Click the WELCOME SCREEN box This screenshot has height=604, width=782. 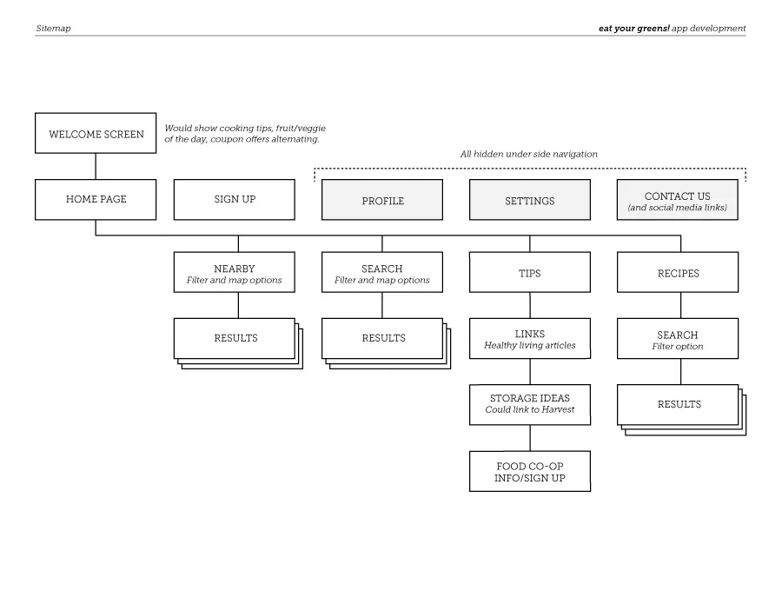click(96, 134)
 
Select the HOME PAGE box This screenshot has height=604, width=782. click(96, 199)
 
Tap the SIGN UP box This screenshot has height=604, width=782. click(235, 199)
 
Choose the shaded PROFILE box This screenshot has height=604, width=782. click(382, 200)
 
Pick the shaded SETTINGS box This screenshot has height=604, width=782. click(530, 200)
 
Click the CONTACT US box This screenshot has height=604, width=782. click(678, 200)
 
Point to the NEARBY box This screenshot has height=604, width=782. click(235, 273)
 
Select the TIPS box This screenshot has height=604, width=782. click(530, 273)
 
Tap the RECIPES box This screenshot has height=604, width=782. click(678, 273)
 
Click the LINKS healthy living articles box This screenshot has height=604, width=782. click(530, 339)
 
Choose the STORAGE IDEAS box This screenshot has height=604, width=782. click(530, 404)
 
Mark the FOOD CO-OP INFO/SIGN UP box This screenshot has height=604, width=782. click(530, 471)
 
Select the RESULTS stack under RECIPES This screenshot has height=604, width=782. click(679, 405)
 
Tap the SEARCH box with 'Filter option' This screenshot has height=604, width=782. click(678, 339)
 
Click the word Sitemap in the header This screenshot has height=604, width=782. click(54, 29)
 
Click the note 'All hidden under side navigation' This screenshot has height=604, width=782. click(529, 154)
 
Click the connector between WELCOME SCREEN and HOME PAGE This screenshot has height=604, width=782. click(96, 166)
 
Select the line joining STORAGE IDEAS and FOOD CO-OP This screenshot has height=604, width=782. click(530, 438)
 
